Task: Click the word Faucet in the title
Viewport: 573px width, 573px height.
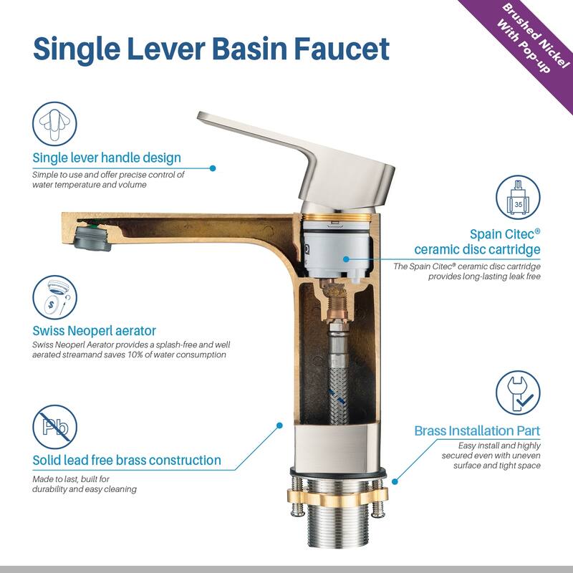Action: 342,49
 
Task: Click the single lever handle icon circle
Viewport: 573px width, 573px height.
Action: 55,124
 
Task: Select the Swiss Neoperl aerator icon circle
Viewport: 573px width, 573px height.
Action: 55,297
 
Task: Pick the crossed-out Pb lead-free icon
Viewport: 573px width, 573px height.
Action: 55,427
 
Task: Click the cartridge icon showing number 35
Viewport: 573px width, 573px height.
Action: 518,198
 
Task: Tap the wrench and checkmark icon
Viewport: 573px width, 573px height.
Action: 518,393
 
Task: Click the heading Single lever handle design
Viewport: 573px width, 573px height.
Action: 107,158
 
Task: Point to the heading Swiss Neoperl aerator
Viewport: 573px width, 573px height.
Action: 95,331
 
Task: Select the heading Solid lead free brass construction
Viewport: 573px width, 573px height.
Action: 127,460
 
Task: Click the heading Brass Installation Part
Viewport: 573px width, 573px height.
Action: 477,431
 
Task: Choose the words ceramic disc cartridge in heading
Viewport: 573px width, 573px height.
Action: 477,249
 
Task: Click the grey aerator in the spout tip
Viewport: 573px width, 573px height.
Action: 92,239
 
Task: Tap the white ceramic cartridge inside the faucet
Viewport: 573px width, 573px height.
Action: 337,249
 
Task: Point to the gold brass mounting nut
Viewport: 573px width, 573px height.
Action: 338,496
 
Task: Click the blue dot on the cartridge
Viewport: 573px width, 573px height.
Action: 347,259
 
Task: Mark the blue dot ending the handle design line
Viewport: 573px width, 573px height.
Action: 213,168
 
